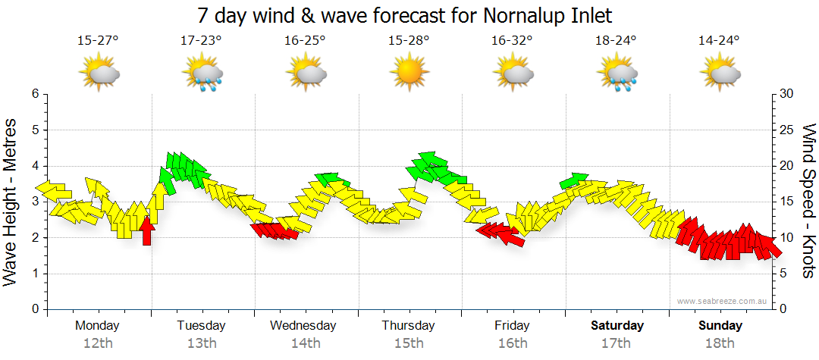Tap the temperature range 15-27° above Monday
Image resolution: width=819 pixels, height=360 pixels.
point(98,41)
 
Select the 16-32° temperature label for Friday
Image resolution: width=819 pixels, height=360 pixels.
point(513,41)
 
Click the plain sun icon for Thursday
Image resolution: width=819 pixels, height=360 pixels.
point(409,74)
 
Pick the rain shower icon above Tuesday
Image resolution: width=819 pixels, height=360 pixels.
point(202,74)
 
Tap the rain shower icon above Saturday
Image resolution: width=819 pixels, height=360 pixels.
point(617,74)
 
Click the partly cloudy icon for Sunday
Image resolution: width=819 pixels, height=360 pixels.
point(720,74)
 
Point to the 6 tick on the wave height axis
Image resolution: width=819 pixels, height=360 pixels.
point(34,94)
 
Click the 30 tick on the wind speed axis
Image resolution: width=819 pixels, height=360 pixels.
point(786,94)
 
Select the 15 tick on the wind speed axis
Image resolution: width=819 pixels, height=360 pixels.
point(786,202)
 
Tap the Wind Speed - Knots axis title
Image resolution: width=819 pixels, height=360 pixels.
point(808,201)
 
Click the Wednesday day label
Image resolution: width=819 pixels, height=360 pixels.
point(303,326)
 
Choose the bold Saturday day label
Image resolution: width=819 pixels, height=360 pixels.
point(617,326)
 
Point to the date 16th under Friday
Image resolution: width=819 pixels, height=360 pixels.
point(513,343)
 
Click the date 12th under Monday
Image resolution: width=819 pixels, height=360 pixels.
point(98,343)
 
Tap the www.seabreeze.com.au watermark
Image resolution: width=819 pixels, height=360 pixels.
point(723,302)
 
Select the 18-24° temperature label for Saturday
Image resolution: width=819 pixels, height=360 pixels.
point(616,41)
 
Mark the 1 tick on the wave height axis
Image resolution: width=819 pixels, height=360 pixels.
point(34,274)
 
